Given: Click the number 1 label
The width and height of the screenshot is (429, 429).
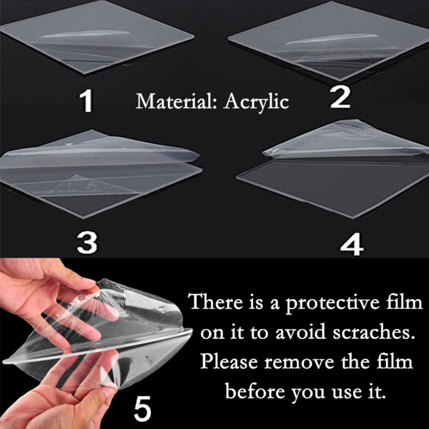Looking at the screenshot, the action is [86, 101].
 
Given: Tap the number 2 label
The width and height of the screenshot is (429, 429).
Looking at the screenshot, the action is [340, 97].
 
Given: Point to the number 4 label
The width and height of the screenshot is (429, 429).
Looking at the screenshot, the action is [352, 244].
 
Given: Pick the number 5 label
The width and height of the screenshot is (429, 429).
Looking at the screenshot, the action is [143, 408].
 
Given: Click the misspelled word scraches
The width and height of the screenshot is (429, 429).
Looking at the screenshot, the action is [372, 332].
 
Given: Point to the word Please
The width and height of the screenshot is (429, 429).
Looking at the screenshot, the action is [229, 361].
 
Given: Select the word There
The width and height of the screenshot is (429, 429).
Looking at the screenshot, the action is [216, 302].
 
